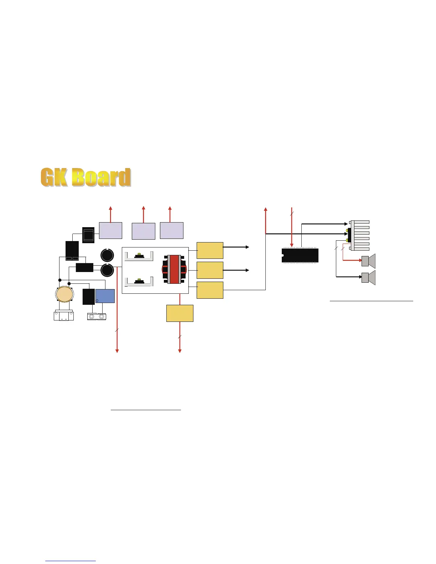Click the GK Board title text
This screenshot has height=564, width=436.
coord(85,177)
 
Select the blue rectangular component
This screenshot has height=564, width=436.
coord(105,296)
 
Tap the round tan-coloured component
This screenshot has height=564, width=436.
coord(64,294)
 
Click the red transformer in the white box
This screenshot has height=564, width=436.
coord(174,269)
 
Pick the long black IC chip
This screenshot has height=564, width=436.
coord(300,255)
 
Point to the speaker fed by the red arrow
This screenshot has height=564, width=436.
coord(369,261)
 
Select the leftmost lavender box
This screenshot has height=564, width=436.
coord(110,230)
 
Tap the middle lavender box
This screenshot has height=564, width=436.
coord(144,231)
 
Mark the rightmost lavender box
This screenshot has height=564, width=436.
coord(172,230)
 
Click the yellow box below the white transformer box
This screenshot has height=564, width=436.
coord(180,313)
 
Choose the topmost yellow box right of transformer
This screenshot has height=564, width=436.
coord(210,250)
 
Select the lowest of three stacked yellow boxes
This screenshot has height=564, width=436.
coord(210,290)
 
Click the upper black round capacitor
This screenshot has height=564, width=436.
coord(107,255)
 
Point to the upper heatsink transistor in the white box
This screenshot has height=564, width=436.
coord(139,256)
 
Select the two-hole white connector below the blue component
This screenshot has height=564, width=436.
coord(97,316)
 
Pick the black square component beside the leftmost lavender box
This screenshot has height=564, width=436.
coord(88,235)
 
